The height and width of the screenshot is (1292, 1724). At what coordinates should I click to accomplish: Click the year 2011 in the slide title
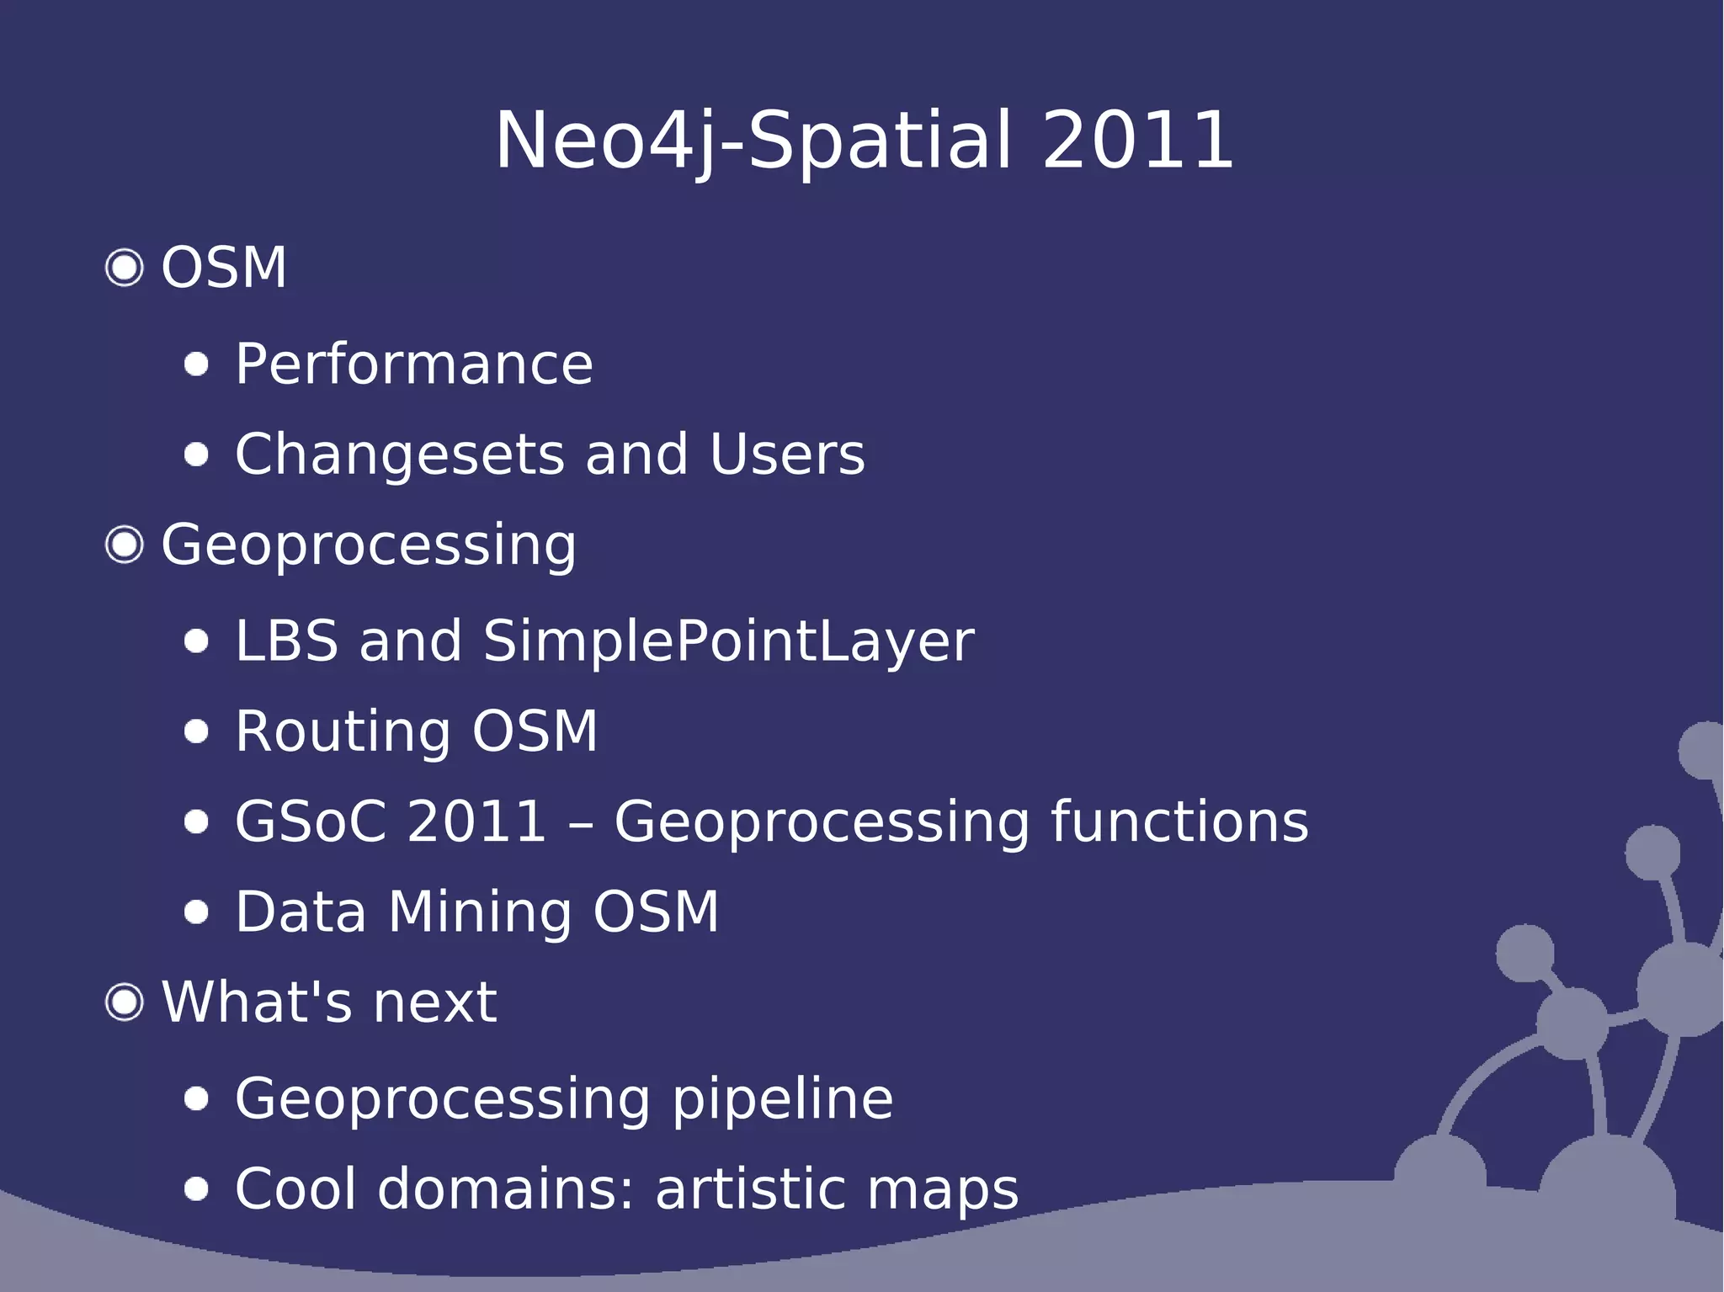[x=1137, y=141]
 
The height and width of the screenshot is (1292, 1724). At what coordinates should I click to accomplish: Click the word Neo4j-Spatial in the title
[x=753, y=141]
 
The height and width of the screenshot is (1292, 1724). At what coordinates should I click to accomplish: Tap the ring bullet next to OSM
[x=125, y=269]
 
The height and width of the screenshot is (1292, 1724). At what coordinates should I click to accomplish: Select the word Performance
[x=414, y=364]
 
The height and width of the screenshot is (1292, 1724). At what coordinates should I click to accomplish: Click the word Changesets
[x=399, y=455]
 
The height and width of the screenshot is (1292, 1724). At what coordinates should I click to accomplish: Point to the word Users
[x=787, y=455]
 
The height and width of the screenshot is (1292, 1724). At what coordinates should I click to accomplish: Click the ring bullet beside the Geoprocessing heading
[x=125, y=545]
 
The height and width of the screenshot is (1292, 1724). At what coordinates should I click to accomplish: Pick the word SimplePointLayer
[x=728, y=641]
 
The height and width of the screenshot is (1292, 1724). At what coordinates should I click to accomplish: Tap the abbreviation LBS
[x=286, y=641]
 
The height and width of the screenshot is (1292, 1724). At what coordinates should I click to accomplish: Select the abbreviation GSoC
[x=311, y=821]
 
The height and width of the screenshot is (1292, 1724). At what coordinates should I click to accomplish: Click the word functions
[x=1179, y=821]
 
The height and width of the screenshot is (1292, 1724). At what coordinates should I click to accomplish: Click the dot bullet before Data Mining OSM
[x=196, y=912]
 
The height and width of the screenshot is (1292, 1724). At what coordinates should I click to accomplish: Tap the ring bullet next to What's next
[x=125, y=1002]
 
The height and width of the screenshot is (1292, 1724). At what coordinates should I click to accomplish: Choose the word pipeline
[x=782, y=1099]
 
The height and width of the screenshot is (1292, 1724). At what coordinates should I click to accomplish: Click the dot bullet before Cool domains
[x=196, y=1189]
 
